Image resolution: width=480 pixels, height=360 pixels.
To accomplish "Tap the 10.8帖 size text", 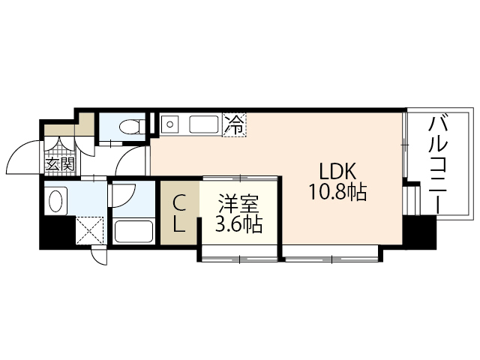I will (336, 193).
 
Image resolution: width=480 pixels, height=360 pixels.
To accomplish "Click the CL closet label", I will (179, 212).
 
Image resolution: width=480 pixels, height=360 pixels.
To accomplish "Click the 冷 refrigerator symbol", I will (234, 124).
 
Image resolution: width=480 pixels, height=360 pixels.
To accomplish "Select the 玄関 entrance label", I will (59, 163).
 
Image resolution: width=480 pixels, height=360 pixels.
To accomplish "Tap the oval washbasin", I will (55, 200).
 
